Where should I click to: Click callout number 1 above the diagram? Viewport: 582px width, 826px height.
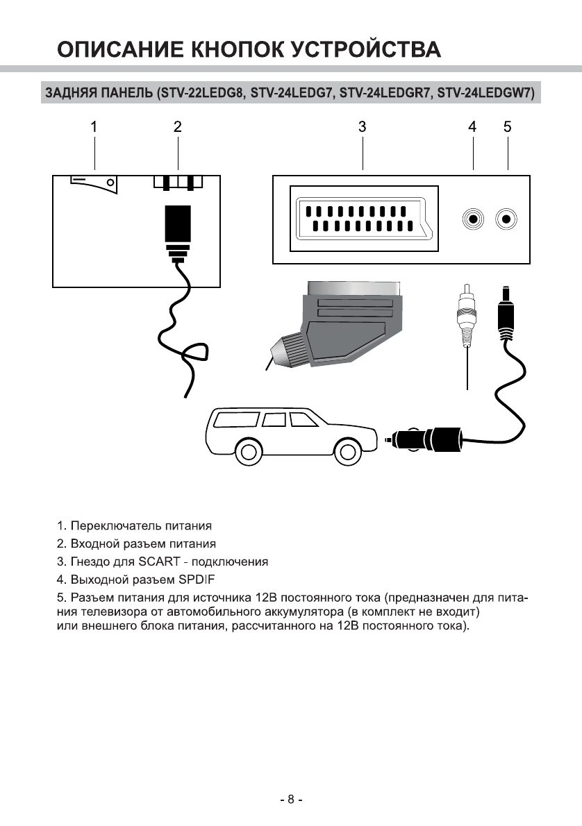[x=94, y=127]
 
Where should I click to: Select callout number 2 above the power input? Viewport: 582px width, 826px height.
[x=178, y=127]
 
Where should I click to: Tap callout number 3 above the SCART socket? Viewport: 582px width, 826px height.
[x=363, y=127]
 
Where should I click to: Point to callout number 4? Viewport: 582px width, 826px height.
[x=472, y=127]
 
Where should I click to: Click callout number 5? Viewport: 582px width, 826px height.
[x=508, y=127]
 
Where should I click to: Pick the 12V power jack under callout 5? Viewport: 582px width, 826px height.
[x=507, y=219]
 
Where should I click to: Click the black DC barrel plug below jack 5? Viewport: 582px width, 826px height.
[x=507, y=316]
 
